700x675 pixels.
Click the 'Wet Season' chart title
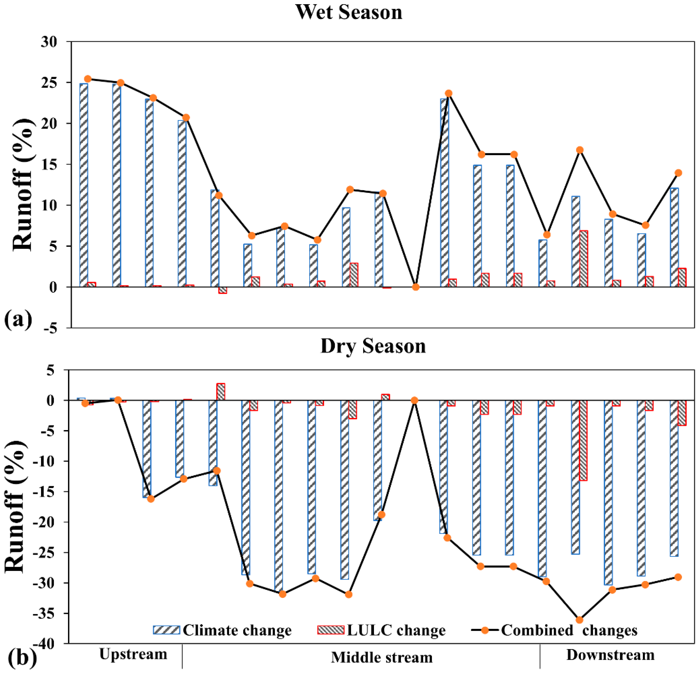click(349, 12)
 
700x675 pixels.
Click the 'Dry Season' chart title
click(373, 346)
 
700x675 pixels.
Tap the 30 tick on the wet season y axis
click(49, 42)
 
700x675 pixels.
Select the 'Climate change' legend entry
click(222, 630)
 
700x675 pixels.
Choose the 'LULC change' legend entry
click(381, 630)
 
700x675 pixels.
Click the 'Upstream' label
click(133, 654)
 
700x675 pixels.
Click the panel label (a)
click(18, 319)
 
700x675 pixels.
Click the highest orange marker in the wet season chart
click(88, 79)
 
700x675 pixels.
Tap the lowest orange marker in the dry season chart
click(580, 620)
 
